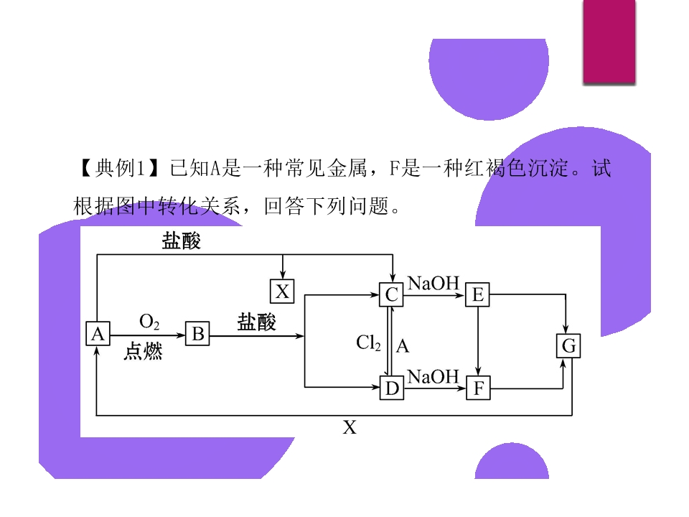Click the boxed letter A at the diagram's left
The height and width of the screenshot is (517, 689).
point(98,333)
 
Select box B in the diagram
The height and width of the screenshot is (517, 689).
point(198,334)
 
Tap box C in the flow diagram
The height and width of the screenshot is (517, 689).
point(391,294)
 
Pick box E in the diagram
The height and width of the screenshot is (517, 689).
point(477,294)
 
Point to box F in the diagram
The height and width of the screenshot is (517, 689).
point(479,389)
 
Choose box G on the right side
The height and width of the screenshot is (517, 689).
point(568,347)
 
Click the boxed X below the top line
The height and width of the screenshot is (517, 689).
point(282,291)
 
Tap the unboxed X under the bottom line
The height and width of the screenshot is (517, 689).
point(349,428)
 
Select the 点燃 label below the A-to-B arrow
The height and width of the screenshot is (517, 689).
point(143,352)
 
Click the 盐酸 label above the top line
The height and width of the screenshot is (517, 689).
point(181,241)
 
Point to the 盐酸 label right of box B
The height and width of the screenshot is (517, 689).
point(256,322)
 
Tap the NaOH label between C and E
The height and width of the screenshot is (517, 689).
point(433,283)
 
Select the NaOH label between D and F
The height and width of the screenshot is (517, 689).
point(433,377)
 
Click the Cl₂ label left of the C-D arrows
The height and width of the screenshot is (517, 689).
point(369,343)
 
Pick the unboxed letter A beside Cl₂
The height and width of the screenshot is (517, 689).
point(403,347)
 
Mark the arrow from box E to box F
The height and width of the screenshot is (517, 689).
point(478,341)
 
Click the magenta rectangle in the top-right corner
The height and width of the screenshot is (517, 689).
point(609,42)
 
